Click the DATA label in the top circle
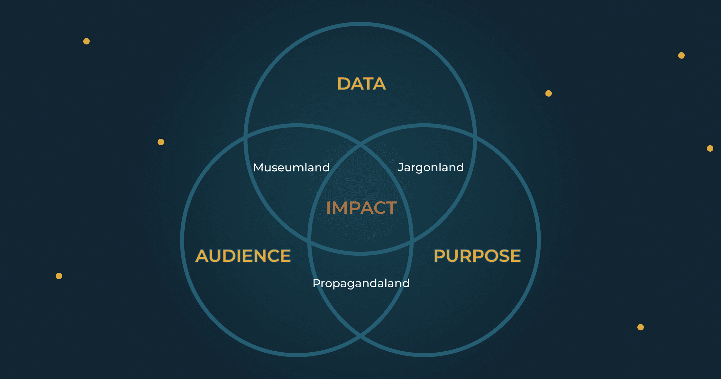(361, 84)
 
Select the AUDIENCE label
(243, 256)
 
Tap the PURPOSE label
(477, 256)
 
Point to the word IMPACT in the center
(361, 208)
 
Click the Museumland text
(291, 167)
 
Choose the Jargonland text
(431, 167)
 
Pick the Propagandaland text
(361, 283)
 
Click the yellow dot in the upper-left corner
(87, 41)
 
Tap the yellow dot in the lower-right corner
(641, 327)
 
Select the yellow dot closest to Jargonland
(549, 93)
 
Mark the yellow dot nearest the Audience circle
(161, 142)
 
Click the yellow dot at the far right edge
(710, 148)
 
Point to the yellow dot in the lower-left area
(59, 276)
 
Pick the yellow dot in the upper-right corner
(681, 55)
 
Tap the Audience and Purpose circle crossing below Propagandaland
(360, 335)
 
